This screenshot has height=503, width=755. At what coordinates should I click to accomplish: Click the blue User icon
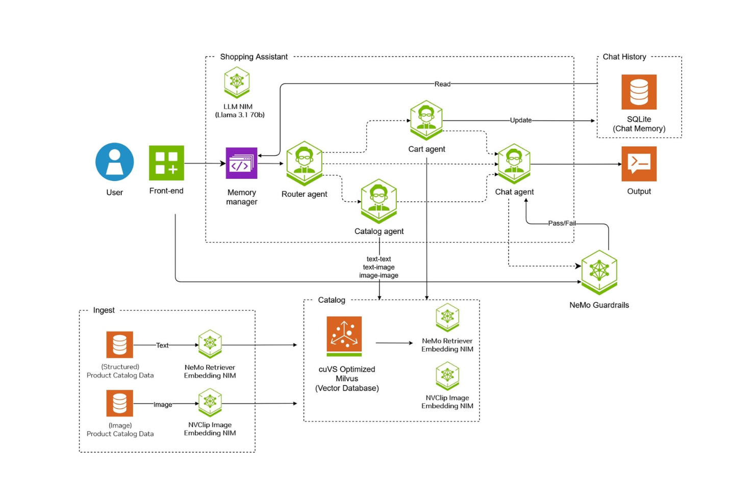coord(115,162)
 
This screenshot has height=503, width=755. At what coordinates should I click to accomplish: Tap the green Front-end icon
coord(166,163)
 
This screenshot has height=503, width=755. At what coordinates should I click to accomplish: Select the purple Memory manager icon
coord(241,163)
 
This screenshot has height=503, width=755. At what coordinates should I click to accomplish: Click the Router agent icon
coord(305,163)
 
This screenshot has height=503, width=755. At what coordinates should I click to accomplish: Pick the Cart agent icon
coord(426,120)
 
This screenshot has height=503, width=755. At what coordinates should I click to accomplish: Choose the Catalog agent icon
coord(379,200)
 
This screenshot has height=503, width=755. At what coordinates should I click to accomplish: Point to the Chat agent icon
coord(514,163)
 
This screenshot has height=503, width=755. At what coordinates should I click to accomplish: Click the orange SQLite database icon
coord(639,92)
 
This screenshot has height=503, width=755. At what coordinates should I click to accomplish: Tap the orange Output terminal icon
coord(639,164)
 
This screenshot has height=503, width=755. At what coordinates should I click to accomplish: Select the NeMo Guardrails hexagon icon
coord(599,272)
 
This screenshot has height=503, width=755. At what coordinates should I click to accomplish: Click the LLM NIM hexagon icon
coord(237,82)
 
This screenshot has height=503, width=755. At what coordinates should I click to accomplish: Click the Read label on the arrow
coord(442,84)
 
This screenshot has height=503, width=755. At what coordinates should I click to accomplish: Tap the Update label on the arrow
coord(521,120)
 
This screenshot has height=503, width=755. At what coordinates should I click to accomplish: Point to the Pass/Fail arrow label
coord(562,223)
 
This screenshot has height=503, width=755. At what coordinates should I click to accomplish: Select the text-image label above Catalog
coord(379,267)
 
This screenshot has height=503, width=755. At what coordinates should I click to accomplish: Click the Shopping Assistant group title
coord(254,57)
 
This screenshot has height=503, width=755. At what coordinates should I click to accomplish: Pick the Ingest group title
coord(104,310)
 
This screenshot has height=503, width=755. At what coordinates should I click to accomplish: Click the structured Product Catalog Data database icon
coord(119,345)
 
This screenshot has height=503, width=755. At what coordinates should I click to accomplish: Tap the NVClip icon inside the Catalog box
coord(447,376)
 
